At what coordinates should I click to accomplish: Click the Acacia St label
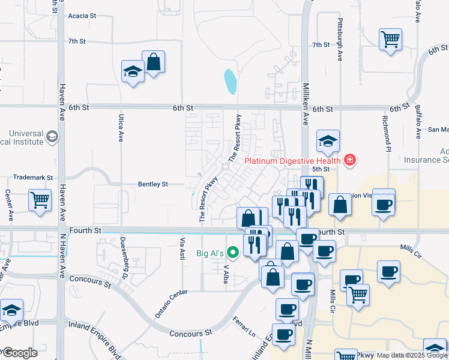point(82,16)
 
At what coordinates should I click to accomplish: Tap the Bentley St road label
point(152,184)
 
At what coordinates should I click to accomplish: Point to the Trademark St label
point(33,178)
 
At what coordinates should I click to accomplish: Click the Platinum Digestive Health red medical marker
point(349,160)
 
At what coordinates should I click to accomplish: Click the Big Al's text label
point(210,253)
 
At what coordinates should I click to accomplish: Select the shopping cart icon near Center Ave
point(40,200)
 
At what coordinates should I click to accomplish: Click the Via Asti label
point(182,248)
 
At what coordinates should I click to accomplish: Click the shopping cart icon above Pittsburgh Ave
point(390,40)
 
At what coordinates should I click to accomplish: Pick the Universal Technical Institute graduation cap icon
point(52,137)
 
